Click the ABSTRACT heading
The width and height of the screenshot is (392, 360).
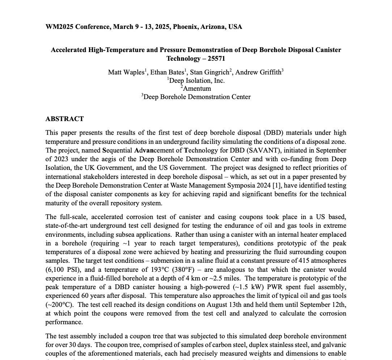tap(64, 119)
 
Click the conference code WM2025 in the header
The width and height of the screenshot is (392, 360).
tap(60, 27)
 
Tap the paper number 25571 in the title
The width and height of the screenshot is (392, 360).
tap(216, 59)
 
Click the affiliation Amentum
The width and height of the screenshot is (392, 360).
tap(197, 89)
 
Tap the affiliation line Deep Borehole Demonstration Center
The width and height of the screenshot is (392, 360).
tap(197, 97)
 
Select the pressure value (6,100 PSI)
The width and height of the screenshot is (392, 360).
tap(63, 270)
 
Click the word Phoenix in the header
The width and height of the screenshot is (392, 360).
tap(185, 27)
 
